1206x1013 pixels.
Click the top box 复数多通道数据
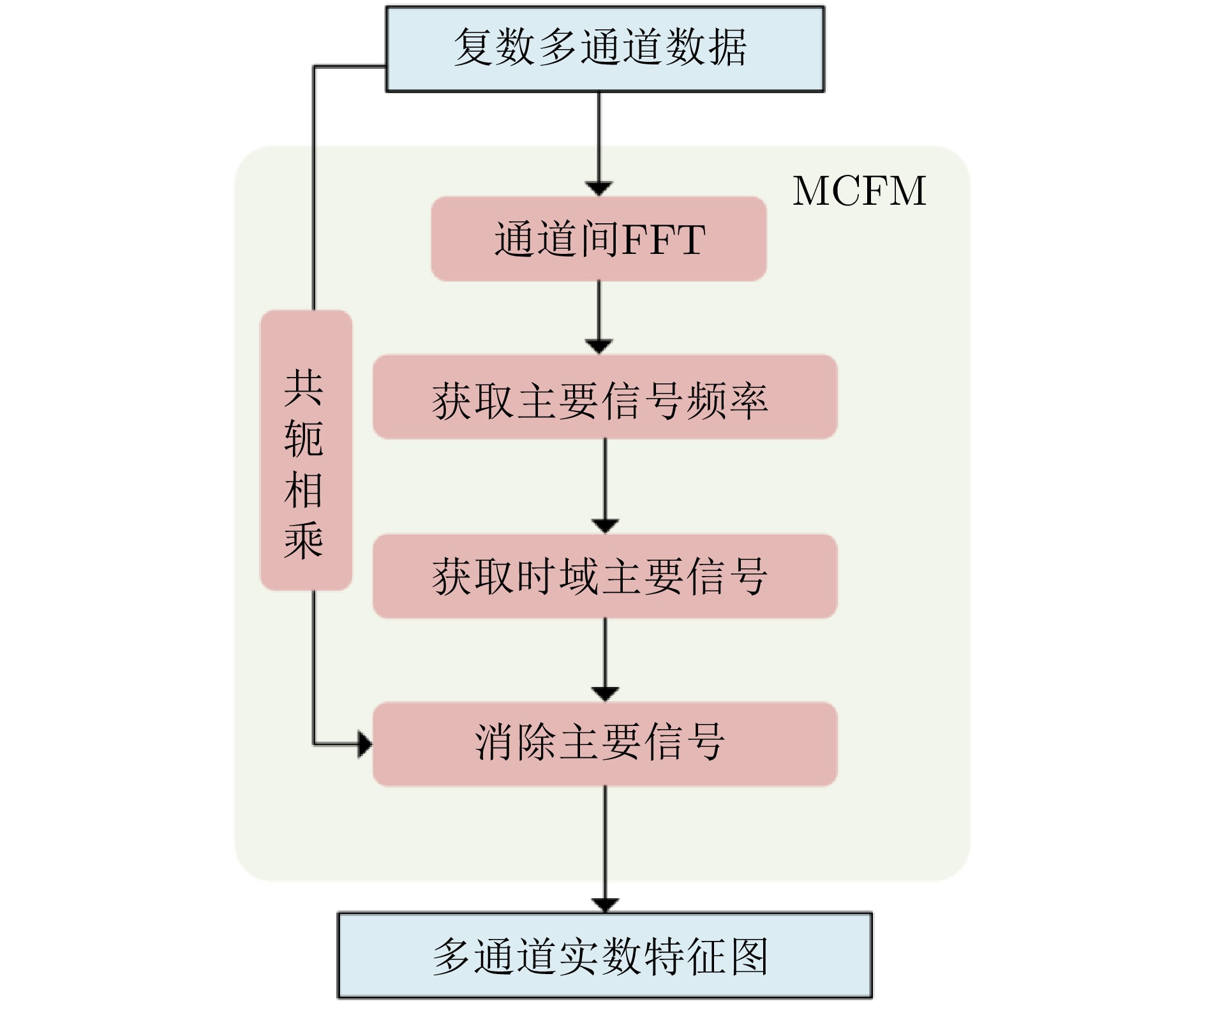tap(605, 49)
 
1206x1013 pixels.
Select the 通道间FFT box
tap(599, 239)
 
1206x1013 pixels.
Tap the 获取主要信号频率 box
tap(605, 397)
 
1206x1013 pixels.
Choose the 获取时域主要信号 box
tap(605, 576)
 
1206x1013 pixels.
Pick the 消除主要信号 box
tap(605, 744)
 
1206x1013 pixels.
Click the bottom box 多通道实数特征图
tap(605, 955)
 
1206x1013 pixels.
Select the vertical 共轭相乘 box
tap(306, 450)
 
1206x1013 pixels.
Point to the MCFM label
tap(860, 191)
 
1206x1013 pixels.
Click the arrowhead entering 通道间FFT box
tap(599, 189)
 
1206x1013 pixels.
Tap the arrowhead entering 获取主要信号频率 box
tap(599, 347)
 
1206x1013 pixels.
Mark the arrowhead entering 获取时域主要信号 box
tap(605, 526)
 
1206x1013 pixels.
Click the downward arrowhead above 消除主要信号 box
tap(605, 694)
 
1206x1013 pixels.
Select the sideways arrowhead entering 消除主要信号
tap(366, 744)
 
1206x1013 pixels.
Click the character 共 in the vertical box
tap(304, 388)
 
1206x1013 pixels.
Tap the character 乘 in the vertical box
tap(304, 541)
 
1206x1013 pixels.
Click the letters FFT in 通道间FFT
tap(664, 240)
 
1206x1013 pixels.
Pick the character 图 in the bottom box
tap(749, 956)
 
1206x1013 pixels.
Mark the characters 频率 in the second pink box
tap(727, 401)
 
